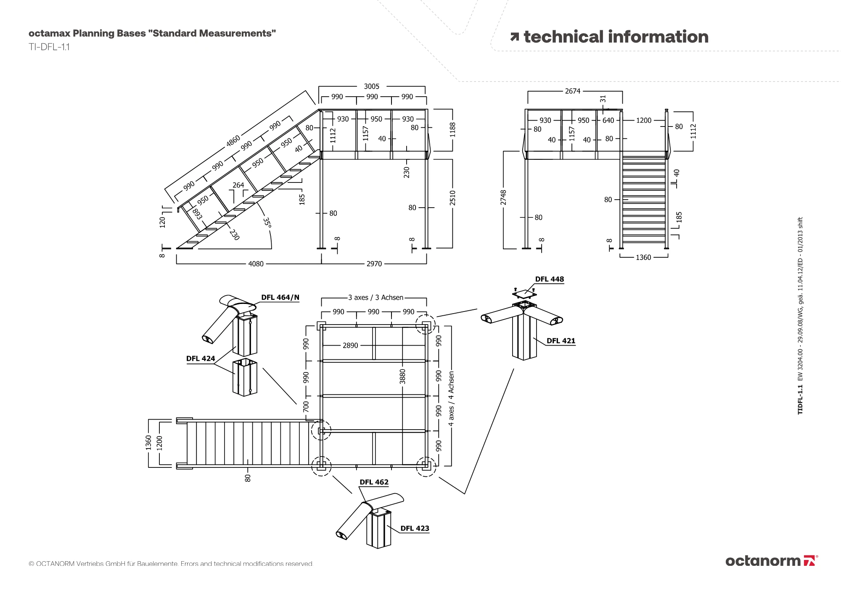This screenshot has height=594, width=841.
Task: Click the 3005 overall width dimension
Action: point(371,86)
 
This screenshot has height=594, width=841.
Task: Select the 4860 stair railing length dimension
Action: point(233,141)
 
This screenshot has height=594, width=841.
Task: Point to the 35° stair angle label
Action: point(267,222)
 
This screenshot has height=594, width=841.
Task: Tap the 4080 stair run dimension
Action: point(256,264)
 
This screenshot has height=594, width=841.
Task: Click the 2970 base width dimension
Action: point(374,264)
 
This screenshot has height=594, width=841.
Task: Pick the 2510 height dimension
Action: point(452,198)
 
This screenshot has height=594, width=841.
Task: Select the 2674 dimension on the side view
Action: point(572,91)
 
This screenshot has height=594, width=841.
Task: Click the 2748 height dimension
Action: point(503,198)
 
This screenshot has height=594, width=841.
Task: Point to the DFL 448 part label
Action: point(549,279)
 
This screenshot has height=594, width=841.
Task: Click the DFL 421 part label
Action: point(561,341)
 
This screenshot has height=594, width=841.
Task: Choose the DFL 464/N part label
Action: point(280,298)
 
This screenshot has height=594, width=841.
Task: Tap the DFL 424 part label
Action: point(201,359)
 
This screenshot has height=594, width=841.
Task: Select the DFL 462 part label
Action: point(374,482)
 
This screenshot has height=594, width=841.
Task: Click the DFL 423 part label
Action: point(415,528)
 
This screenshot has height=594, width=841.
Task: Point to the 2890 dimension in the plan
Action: point(350,346)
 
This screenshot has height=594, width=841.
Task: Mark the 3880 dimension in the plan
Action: point(402,376)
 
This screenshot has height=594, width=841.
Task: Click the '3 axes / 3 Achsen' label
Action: point(376,298)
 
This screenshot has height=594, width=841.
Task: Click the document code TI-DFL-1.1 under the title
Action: point(49,47)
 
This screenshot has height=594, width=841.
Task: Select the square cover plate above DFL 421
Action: point(524,293)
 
